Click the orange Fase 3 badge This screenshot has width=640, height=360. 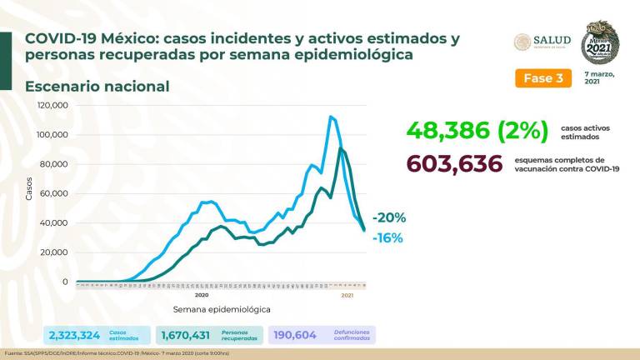pyautogui.click(x=542, y=77)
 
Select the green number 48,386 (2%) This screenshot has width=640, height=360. pyautogui.click(x=477, y=131)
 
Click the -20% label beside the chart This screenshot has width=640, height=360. pyautogui.click(x=389, y=217)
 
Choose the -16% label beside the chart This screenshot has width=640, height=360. pyautogui.click(x=387, y=237)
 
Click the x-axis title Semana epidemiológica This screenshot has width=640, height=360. pyautogui.click(x=222, y=309)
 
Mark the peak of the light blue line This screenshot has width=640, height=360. pyautogui.click(x=331, y=117)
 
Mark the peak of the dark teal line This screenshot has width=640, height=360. pyautogui.click(x=340, y=149)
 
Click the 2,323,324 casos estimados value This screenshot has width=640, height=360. pyautogui.click(x=75, y=334)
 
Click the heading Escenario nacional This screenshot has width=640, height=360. pyautogui.click(x=97, y=87)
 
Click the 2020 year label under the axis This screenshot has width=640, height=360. pyautogui.click(x=201, y=294)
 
